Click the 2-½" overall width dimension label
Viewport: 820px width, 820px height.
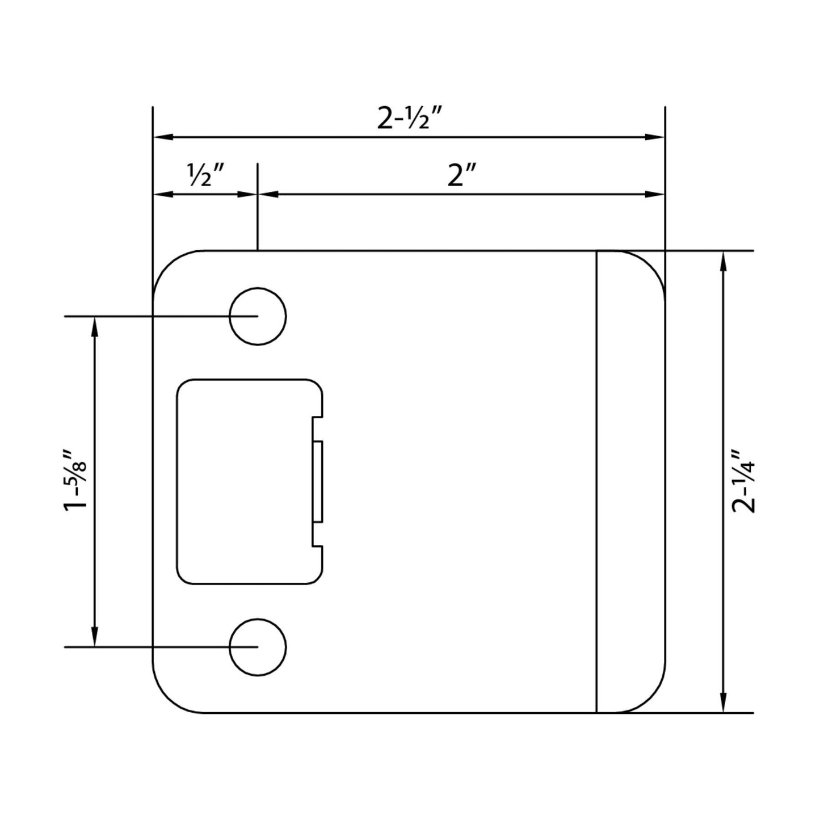click(409, 120)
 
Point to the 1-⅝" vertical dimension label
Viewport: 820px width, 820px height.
click(77, 481)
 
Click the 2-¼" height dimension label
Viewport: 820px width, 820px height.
click(743, 481)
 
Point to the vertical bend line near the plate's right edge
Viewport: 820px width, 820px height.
click(596, 481)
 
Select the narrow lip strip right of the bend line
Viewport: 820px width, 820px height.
click(630, 481)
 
